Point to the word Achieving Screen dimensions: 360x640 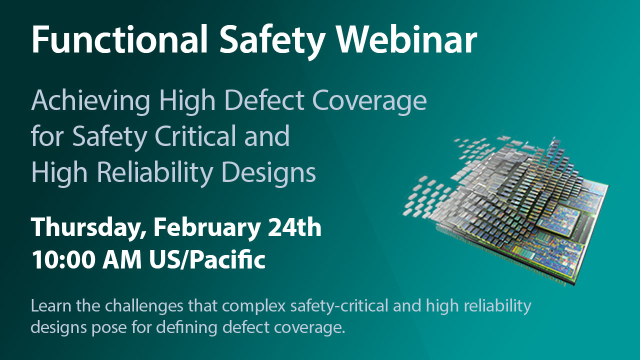pyautogui.click(x=90, y=101)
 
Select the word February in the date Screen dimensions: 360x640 pyautogui.click(x=208, y=228)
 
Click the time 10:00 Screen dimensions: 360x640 pyautogui.click(x=63, y=260)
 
